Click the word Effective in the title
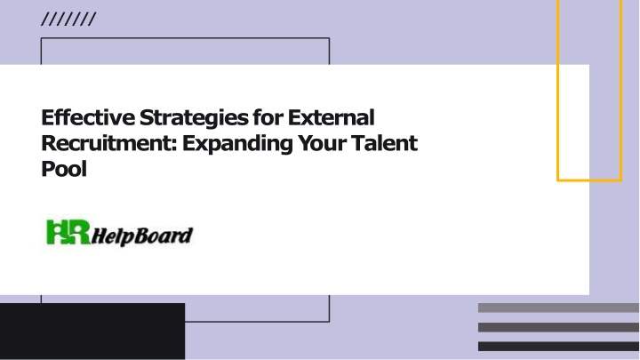[88, 117]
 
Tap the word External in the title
[331, 117]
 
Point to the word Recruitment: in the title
[109, 143]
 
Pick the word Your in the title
[322, 143]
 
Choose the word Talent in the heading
[385, 143]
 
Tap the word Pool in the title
[64, 169]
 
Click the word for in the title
[268, 117]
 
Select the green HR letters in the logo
[68, 232]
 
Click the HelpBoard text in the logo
[141, 236]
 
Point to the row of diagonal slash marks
[68, 20]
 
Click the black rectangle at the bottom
[92, 331]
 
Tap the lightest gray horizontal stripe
[558, 308]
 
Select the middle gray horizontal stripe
[558, 327]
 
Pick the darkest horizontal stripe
[558, 346]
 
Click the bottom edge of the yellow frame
[589, 180]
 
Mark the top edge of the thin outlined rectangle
[185, 38]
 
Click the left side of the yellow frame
[558, 90]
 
